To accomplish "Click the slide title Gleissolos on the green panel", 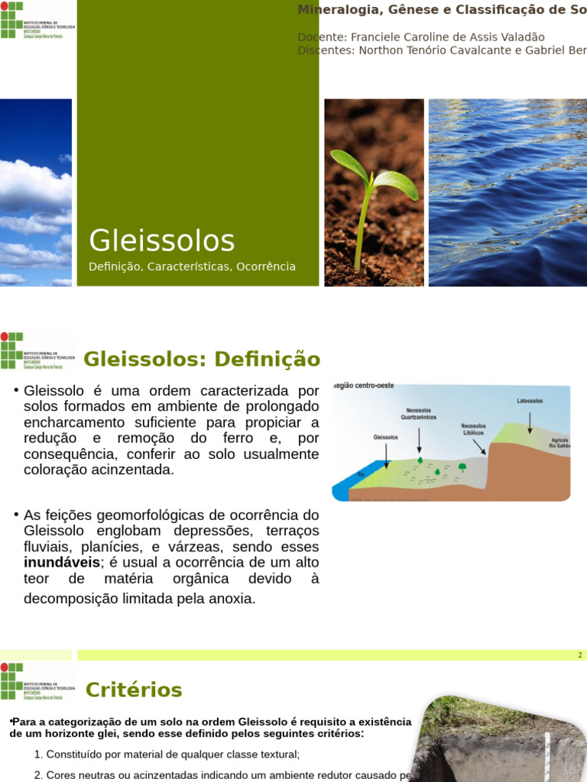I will point(161,241).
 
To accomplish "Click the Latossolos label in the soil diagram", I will point(530,401).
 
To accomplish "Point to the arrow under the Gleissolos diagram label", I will point(387,454).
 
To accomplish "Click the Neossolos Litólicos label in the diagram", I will point(475,429).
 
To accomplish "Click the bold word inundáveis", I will point(62,563).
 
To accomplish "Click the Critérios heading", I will point(134,690).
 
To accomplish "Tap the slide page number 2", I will point(580,655).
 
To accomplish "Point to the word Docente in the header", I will point(320,37).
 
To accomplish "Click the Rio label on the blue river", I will point(361,474).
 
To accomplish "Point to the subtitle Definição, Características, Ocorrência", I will point(192,267).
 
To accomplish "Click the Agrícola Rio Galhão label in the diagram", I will point(559,444).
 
